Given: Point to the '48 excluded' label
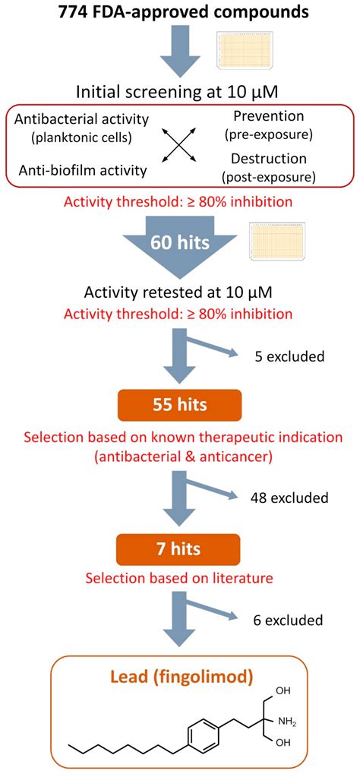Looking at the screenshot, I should pos(289,498).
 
